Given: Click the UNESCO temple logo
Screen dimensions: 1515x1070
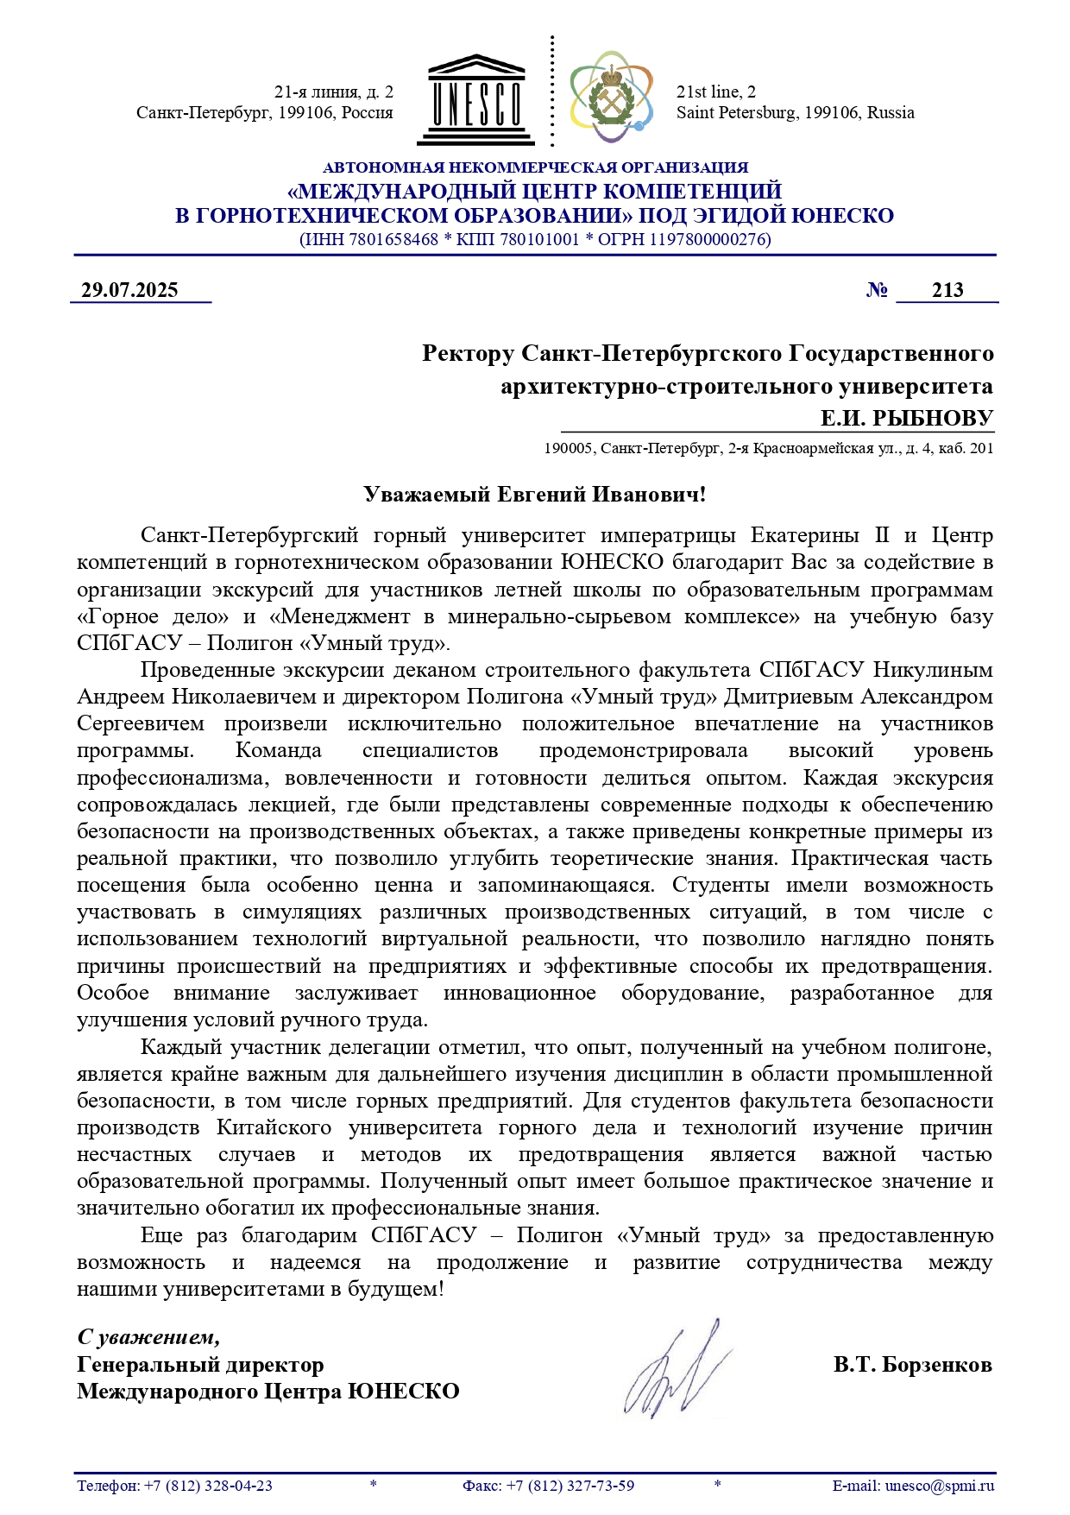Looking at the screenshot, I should (475, 101).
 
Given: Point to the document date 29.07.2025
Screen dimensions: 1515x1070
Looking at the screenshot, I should (129, 290).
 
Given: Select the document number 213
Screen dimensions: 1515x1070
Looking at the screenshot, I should (947, 290).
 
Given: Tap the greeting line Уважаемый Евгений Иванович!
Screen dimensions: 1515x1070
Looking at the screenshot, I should (534, 495).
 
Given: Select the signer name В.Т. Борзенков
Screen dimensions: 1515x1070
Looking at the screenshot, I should (912, 1365).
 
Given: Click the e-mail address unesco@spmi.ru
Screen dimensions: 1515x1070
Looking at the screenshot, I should (940, 1486).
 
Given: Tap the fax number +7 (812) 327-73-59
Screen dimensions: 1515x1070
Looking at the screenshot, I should (570, 1486).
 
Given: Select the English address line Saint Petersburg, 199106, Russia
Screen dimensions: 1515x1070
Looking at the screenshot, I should (795, 113).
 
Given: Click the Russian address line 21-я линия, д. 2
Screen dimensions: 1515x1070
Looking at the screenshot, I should (333, 92).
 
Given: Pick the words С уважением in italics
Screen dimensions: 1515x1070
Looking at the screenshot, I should (148, 1337).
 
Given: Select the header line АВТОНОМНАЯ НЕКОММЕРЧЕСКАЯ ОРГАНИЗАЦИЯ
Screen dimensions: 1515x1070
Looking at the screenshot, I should (535, 167).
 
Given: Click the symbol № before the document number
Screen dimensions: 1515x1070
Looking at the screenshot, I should (877, 290).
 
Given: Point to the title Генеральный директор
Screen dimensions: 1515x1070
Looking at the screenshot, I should (200, 1365).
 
